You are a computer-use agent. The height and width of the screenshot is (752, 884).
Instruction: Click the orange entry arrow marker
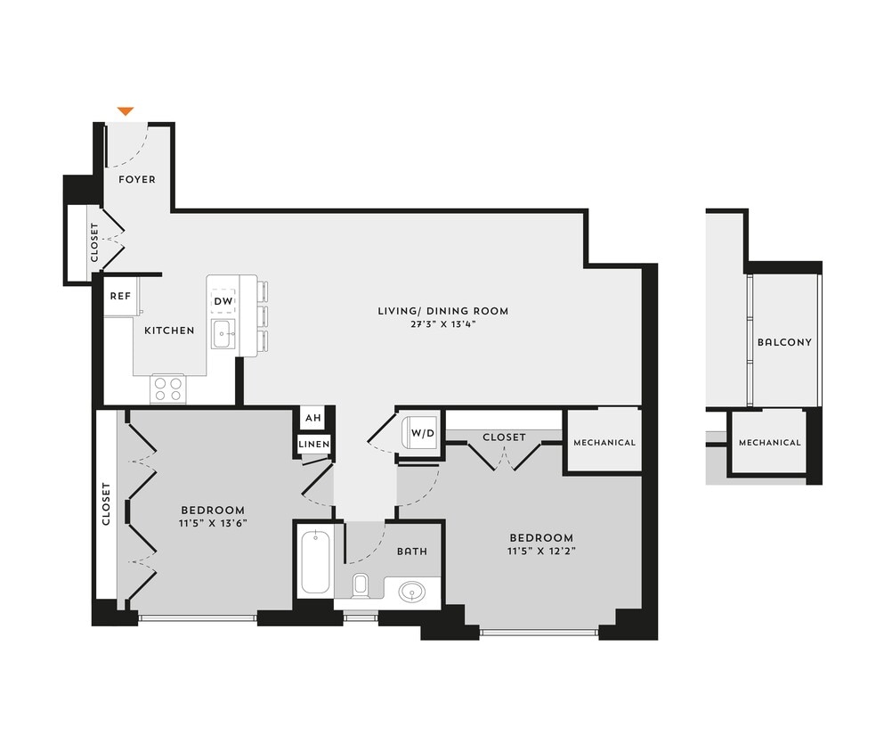tap(126, 111)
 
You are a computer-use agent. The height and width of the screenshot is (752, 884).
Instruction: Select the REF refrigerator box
tap(120, 296)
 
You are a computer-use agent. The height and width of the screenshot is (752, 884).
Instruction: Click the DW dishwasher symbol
tap(223, 301)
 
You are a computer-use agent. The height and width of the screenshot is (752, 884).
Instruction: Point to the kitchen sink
tap(223, 336)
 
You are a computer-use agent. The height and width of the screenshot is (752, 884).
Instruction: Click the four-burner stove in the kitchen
tap(166, 388)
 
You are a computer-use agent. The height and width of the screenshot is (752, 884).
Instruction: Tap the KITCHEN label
tap(169, 331)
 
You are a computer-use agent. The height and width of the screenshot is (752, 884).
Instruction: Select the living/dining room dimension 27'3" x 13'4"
tap(442, 324)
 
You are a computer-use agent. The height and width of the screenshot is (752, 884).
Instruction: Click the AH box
tap(312, 418)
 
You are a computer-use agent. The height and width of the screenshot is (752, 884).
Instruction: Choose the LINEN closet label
tap(314, 444)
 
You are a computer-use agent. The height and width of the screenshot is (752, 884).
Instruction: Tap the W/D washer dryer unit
tap(421, 434)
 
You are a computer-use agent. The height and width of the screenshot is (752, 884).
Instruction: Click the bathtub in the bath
tap(315, 561)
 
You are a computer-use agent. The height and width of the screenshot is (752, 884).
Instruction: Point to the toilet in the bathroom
tap(361, 584)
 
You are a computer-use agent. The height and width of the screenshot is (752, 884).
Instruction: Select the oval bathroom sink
tap(412, 591)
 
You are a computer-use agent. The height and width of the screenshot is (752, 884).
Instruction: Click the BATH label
tap(411, 552)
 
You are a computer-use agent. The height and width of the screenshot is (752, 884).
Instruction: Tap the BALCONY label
tap(784, 342)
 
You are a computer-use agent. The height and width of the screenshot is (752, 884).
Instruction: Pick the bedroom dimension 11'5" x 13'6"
tap(211, 524)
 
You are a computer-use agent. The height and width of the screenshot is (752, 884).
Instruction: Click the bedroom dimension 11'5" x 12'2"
tap(540, 551)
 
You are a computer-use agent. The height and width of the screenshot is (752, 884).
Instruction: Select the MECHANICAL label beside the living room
tap(604, 443)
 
